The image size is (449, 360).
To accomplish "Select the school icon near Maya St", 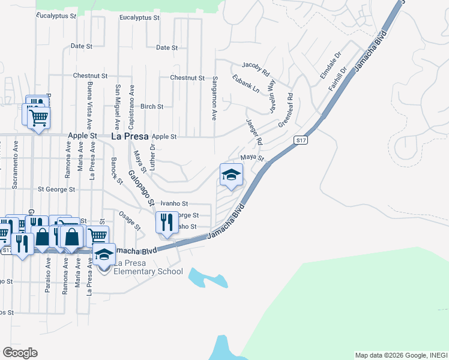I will click(231, 175).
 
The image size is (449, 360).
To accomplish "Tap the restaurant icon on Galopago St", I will click(167, 222).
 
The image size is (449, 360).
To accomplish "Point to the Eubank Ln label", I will click(246, 83).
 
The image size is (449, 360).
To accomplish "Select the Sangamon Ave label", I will click(214, 98).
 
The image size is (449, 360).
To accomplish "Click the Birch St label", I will click(152, 107).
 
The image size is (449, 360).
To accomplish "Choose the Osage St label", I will click(129, 220).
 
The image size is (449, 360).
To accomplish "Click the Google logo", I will click(20, 353).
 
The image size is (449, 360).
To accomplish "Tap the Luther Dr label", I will click(152, 157).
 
